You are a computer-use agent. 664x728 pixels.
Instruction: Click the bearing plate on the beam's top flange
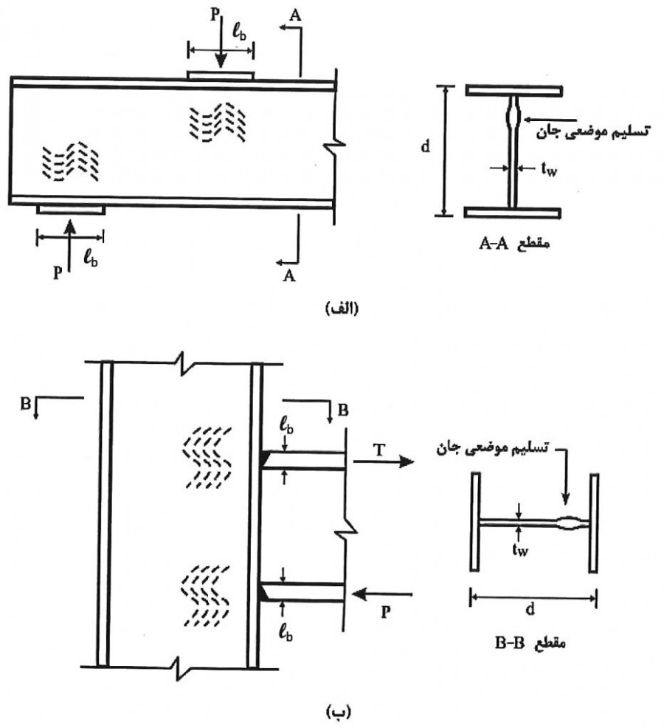(221, 75)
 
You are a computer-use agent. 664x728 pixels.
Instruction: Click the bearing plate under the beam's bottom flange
(71, 210)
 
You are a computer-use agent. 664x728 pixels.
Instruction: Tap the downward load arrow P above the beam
(221, 42)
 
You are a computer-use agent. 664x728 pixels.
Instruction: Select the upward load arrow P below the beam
(69, 245)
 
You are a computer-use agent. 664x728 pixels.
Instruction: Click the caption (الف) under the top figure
(342, 308)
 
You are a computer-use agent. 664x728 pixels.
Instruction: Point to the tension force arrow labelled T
(383, 461)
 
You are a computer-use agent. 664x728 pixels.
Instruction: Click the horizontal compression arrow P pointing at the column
(382, 594)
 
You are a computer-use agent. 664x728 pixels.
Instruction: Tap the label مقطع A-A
(514, 244)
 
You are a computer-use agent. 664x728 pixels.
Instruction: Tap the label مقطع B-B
(530, 644)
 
